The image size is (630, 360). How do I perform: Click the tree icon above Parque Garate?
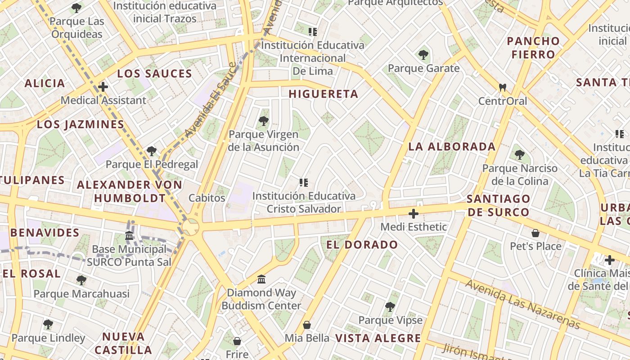pos(423,55)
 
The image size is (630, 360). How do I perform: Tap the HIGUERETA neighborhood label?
pos(323,94)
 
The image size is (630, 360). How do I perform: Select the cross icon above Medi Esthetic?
pos(414,214)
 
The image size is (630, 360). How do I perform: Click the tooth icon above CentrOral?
pos(503,87)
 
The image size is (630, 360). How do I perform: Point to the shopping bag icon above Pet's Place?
pos(535,233)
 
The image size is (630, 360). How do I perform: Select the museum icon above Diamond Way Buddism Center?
pos(261,279)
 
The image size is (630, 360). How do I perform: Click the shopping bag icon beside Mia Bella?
pos(307,325)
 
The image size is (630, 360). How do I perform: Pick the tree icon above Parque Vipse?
pos(390,307)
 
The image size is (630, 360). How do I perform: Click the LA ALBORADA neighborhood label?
pos(452,147)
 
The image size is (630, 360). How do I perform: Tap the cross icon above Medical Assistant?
pos(103,87)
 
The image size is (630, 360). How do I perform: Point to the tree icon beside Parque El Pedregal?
pos(152,151)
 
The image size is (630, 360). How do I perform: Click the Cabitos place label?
pos(207,198)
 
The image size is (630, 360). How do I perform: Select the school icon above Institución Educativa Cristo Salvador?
pos(303,183)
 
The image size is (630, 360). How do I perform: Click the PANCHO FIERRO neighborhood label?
pos(533,48)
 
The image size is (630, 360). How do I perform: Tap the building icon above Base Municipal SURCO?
pos(129,236)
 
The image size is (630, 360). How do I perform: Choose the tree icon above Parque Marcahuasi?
pos(81,280)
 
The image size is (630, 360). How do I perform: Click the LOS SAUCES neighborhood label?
pos(154,73)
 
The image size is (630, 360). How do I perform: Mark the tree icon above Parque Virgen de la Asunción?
pos(264,121)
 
